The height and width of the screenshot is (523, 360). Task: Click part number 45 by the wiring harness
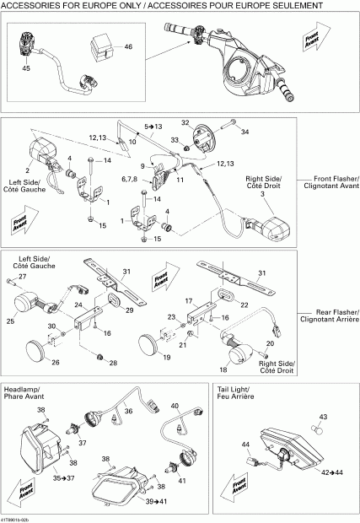tap(25, 67)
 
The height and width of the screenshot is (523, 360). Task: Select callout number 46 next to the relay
tap(128, 47)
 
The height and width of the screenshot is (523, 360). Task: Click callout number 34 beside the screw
tap(246, 132)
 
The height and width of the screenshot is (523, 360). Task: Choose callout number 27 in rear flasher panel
tap(23, 277)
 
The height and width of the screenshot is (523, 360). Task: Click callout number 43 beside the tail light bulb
tap(322, 417)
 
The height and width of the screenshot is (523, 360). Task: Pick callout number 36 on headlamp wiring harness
tap(128, 412)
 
